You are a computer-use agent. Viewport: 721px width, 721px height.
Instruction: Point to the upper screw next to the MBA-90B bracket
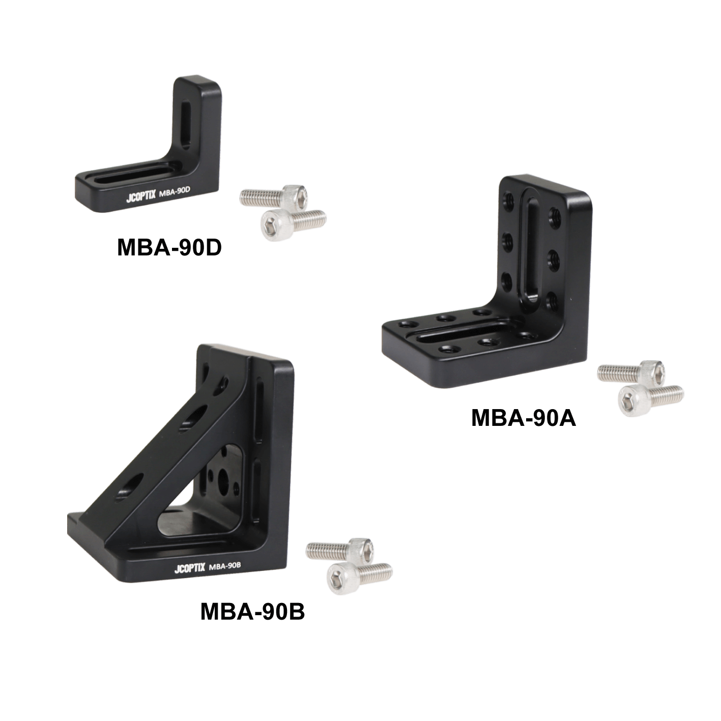tap(341, 551)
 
